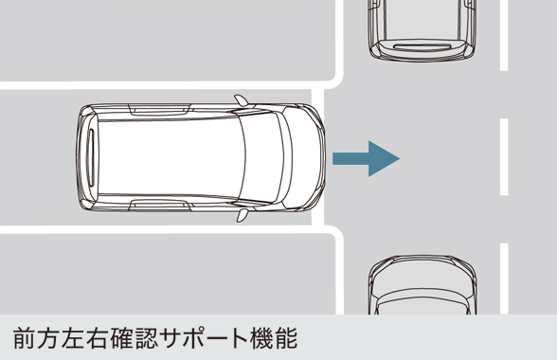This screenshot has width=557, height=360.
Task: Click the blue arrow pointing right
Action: coord(366,158)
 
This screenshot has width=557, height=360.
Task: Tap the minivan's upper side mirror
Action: coord(243,99)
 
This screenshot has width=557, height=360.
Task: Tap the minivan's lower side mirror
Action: coord(243,215)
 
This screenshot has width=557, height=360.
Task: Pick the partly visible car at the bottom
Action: coord(421,289)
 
